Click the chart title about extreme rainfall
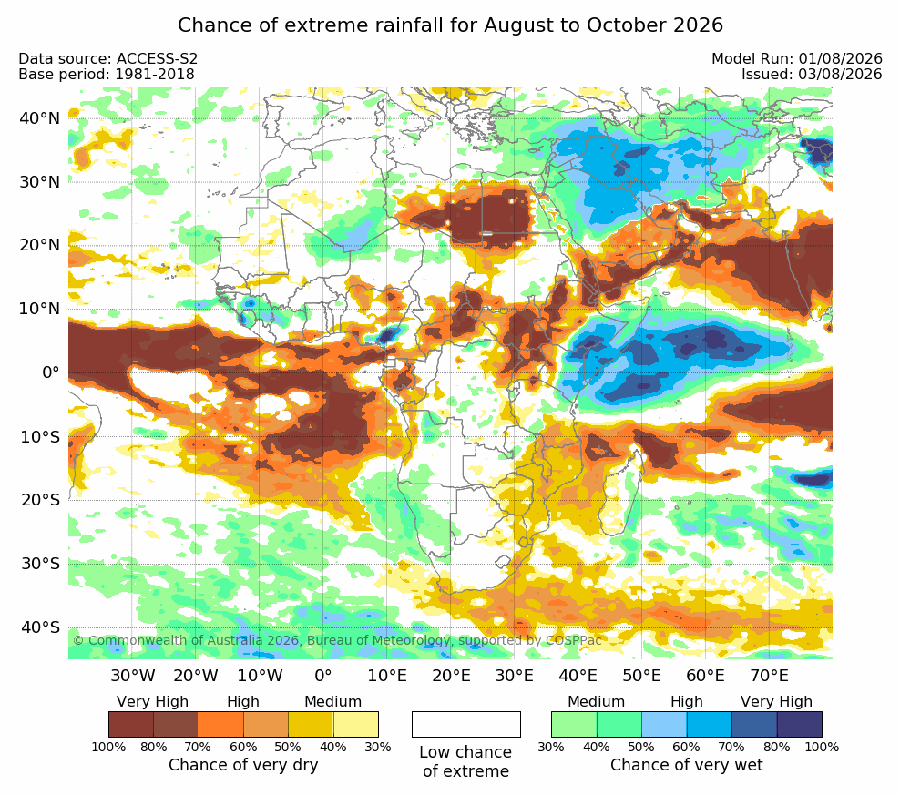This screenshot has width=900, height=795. coord(450,25)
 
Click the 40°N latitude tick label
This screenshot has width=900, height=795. coord(39,118)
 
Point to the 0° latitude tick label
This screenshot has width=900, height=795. coord(50,372)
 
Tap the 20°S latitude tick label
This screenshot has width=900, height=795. coord(40,500)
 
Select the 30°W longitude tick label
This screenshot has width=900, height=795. coord(133,675)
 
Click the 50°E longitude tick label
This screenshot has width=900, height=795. coord(641,675)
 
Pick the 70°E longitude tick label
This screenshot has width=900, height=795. coord(769,675)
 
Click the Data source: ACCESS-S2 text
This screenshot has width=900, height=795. coord(107,58)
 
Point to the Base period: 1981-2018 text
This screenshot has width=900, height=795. coord(107,74)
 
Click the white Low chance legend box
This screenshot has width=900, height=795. coord(466,724)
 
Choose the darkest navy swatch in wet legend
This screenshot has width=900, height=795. coord(800,724)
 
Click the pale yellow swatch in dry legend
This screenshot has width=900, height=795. coord(356,724)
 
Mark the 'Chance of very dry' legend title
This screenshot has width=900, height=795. coord(243,765)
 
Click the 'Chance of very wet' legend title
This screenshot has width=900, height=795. coord(687,765)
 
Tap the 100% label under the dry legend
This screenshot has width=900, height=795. coord(108,747)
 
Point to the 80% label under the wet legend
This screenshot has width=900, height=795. coord(777,747)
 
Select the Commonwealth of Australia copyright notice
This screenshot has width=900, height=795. coord(337,640)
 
